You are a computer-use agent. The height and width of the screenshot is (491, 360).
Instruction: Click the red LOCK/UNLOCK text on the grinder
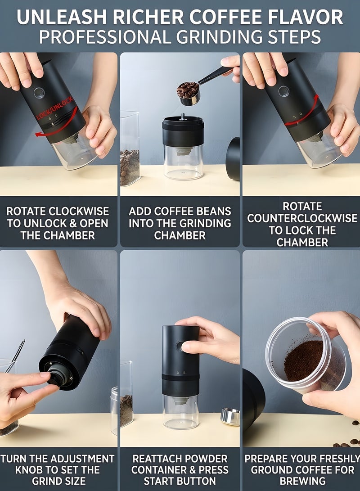(55, 108)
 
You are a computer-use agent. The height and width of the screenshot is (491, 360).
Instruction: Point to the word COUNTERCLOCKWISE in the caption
(302, 218)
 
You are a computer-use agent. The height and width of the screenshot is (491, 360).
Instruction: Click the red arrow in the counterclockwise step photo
(302, 113)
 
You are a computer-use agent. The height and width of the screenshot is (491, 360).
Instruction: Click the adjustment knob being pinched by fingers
(58, 377)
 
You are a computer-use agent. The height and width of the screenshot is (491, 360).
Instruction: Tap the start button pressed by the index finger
(180, 347)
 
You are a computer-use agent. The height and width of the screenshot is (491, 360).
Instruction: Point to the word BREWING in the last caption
(302, 481)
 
